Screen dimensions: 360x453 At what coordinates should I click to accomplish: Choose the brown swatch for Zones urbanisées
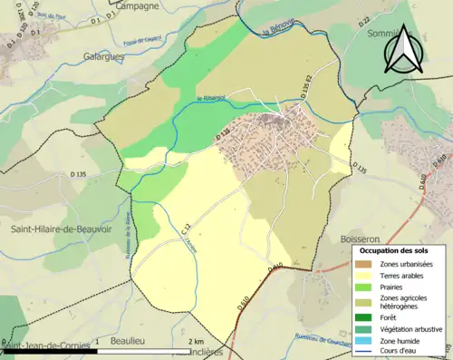pyautogui.click(x=367, y=264)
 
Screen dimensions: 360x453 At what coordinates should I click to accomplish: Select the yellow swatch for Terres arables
pyautogui.click(x=367, y=275)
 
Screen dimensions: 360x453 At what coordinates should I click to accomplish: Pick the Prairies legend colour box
pyautogui.click(x=367, y=287)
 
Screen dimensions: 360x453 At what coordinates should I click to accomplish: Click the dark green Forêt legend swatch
pyautogui.click(x=367, y=317)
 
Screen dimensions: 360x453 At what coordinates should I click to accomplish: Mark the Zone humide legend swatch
pyautogui.click(x=367, y=341)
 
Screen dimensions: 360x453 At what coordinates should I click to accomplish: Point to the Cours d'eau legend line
pyautogui.click(x=367, y=352)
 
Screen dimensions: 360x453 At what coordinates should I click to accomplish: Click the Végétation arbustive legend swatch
pyautogui.click(x=367, y=329)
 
